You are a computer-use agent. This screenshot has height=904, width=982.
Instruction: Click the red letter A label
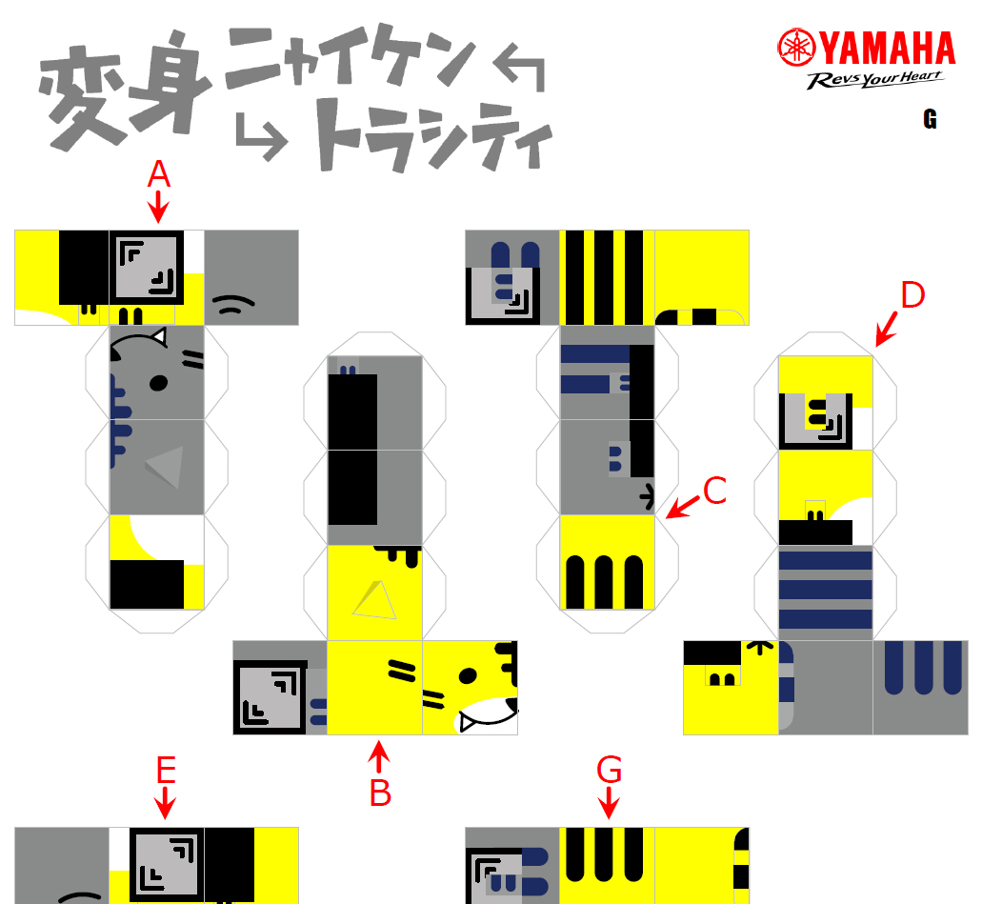click(x=158, y=173)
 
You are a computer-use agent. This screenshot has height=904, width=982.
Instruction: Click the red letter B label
click(x=380, y=794)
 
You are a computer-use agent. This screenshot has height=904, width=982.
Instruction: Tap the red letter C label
click(x=714, y=491)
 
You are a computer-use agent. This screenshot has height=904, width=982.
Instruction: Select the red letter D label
click(x=912, y=294)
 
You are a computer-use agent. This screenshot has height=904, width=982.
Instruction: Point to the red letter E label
click(x=166, y=770)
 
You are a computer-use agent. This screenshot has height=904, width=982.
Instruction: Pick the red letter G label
click(x=609, y=770)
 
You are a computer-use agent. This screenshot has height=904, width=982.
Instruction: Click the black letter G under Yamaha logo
click(x=930, y=119)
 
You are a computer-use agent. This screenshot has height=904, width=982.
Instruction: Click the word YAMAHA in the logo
click(x=888, y=49)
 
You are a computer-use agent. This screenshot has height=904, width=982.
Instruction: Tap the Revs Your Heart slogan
click(x=874, y=80)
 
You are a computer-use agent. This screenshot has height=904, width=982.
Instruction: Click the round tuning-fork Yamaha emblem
click(x=796, y=47)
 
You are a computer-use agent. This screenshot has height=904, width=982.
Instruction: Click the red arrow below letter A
click(x=158, y=206)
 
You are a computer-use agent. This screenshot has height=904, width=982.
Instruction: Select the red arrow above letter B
click(x=379, y=757)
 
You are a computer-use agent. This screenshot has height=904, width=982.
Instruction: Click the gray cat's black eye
click(x=158, y=383)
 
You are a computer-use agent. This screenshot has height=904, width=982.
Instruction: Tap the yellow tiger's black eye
click(x=468, y=675)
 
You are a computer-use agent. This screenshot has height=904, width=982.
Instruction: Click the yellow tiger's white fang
click(x=467, y=723)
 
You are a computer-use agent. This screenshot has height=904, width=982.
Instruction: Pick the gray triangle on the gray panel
click(x=166, y=467)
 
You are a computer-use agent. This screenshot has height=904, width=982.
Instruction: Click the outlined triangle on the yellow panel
click(x=375, y=600)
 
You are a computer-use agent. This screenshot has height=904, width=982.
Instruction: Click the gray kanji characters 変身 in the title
click(x=124, y=90)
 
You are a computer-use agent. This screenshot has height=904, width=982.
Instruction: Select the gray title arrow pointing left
click(x=519, y=67)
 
